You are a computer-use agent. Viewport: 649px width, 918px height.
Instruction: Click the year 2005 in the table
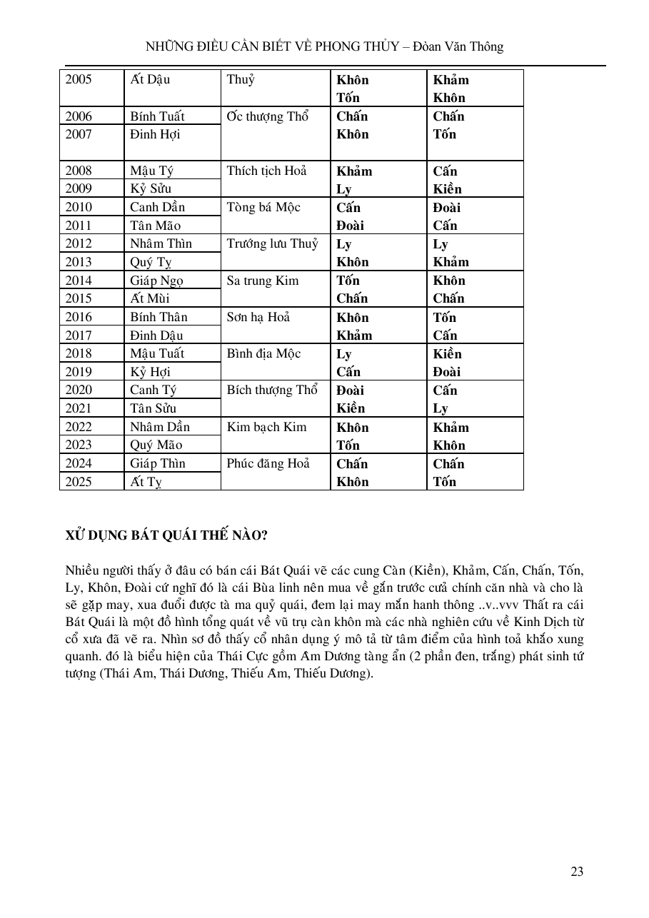tap(79, 79)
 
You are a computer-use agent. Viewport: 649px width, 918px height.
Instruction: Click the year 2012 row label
tap(79, 243)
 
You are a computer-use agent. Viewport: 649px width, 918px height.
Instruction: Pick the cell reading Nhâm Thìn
tap(161, 243)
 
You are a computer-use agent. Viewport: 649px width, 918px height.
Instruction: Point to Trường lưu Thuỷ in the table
tap(272, 243)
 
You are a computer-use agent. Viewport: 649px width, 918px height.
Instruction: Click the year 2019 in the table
tap(79, 372)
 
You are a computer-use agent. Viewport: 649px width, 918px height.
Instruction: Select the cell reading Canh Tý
tap(154, 390)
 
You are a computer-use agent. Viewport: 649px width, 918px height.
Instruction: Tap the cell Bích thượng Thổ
tap(272, 390)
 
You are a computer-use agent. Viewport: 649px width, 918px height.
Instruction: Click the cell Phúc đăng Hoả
tap(268, 463)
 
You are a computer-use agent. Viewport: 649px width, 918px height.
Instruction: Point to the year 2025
tap(79, 482)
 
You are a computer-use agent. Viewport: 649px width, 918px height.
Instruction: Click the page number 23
tap(577, 871)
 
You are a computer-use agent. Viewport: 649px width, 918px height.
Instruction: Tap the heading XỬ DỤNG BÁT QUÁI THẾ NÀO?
tap(166, 535)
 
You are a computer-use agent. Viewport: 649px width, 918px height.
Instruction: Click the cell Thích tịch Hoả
tap(266, 171)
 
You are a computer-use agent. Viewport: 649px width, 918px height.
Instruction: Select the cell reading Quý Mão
tap(156, 445)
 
